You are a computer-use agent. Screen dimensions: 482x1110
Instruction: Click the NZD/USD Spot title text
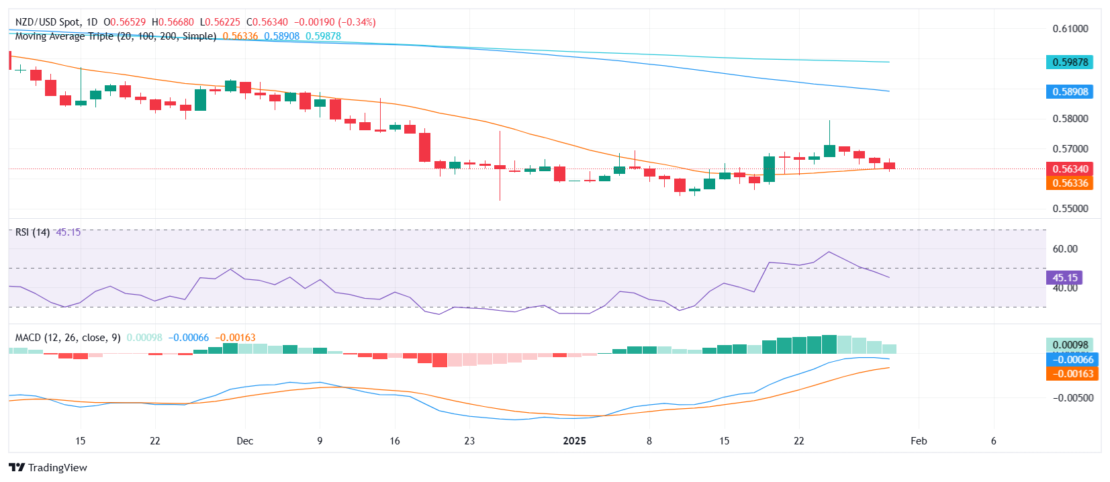48,22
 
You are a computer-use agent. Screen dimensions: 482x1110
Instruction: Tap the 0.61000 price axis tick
1070,29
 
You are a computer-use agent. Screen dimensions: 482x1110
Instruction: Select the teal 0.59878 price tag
1070,62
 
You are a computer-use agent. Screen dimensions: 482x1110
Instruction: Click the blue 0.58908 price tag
1070,92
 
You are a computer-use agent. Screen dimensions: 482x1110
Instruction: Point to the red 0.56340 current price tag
1070,169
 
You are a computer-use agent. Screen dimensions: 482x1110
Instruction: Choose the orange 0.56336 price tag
1070,183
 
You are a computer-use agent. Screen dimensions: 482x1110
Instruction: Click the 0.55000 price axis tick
1070,209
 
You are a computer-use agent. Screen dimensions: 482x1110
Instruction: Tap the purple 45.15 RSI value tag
1064,278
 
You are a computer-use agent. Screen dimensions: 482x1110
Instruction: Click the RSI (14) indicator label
32,232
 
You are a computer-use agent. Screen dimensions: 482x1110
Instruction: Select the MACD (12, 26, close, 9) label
68,338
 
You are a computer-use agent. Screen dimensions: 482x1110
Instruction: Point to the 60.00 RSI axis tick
1065,249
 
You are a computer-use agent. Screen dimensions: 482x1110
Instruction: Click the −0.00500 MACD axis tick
1073,398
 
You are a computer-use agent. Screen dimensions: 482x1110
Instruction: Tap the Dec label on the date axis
245,441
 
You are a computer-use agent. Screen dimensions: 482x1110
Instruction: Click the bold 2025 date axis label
574,441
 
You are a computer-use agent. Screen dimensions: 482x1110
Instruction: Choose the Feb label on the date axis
919,441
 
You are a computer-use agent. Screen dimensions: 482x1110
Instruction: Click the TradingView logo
48,468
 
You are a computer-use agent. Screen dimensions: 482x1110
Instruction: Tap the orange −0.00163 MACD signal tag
1072,374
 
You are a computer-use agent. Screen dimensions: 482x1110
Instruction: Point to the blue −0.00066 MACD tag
1072,360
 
